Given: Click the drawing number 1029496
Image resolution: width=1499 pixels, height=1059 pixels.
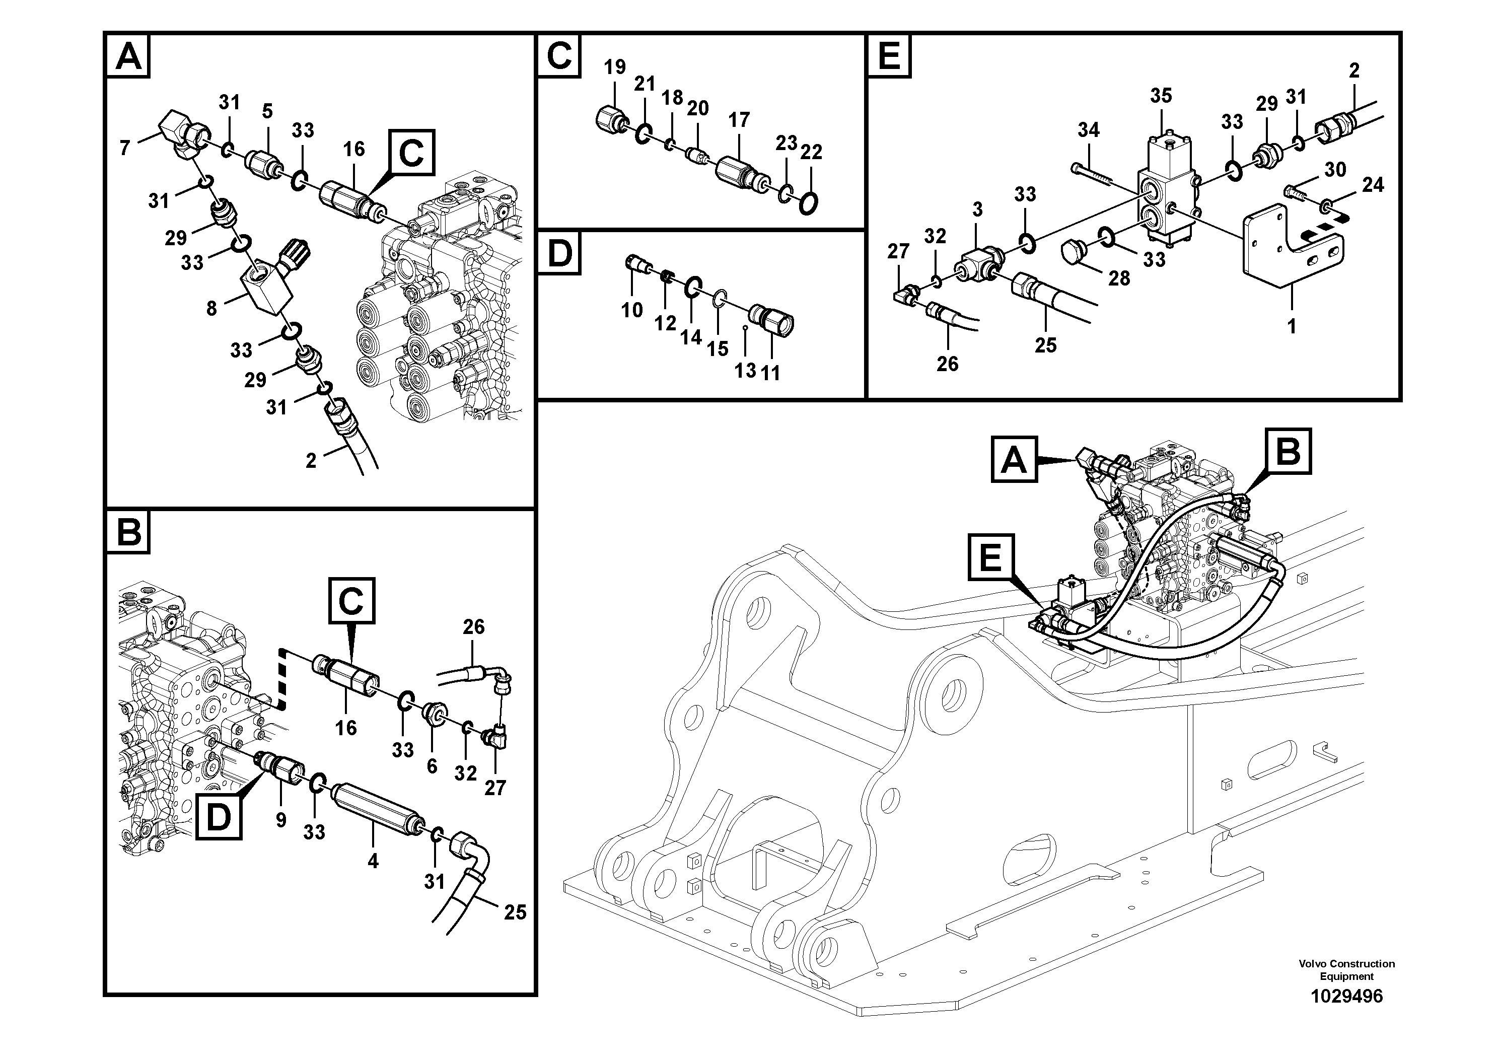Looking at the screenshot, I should click(x=1346, y=997).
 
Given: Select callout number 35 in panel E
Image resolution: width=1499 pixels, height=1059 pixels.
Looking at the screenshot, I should click(x=1161, y=96).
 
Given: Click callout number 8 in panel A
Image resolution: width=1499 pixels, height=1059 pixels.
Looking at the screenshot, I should click(x=211, y=309).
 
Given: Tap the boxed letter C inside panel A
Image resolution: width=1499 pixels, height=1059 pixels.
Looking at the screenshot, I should click(x=411, y=154).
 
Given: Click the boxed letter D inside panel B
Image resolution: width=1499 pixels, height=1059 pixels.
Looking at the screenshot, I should click(x=218, y=816).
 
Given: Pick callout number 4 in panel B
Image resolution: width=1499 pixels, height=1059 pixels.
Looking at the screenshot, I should click(x=373, y=861).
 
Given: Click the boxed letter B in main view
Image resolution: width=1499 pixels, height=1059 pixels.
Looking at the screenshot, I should click(x=1288, y=451).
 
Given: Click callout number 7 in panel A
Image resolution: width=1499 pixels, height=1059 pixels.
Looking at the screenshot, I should click(x=125, y=148).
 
